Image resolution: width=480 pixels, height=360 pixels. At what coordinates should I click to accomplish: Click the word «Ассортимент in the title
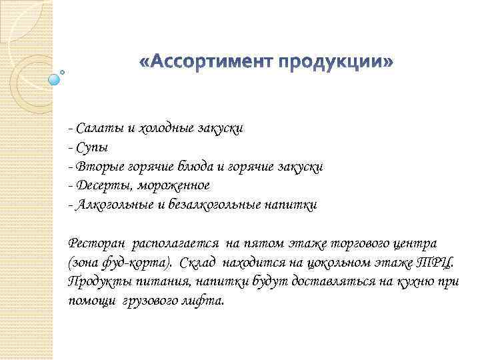click(207, 63)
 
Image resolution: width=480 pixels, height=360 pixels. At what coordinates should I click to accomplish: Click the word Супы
click(91, 147)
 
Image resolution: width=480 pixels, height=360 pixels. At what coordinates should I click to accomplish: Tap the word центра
click(417, 243)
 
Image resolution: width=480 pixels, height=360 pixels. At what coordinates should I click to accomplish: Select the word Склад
click(199, 261)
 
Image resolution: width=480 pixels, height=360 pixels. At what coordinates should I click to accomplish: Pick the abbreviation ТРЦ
click(434, 262)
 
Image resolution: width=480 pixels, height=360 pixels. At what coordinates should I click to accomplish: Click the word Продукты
click(94, 281)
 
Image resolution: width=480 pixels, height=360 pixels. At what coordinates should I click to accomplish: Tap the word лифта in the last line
click(206, 301)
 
